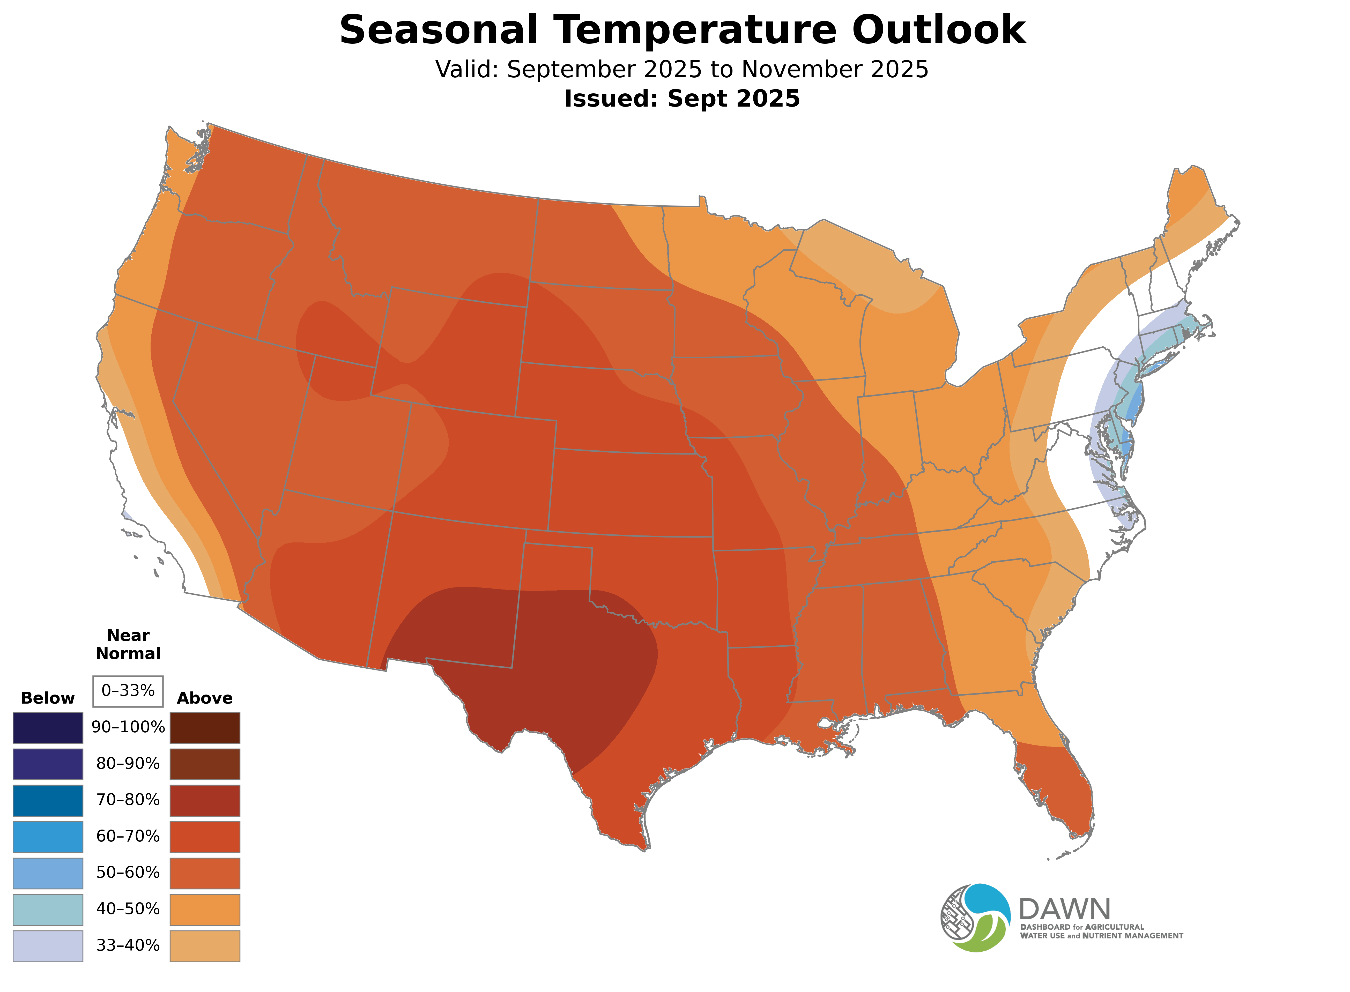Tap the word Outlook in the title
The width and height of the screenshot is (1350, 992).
pyautogui.click(x=939, y=30)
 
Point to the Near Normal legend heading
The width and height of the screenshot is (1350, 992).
pyautogui.click(x=128, y=644)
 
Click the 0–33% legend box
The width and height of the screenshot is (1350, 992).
pyautogui.click(x=128, y=691)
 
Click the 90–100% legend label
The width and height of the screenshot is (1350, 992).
pyautogui.click(x=128, y=727)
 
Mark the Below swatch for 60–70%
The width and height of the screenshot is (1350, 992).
pyautogui.click(x=48, y=837)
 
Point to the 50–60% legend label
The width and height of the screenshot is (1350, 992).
pyautogui.click(x=128, y=872)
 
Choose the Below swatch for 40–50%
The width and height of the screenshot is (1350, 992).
pyautogui.click(x=48, y=909)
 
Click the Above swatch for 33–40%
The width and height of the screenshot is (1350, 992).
pyautogui.click(x=205, y=946)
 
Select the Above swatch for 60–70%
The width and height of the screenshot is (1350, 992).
pyautogui.click(x=205, y=837)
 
